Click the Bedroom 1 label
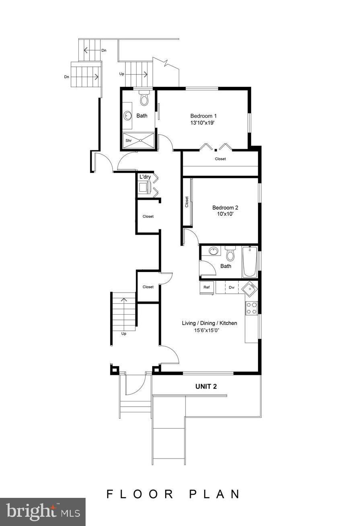[x=203, y=116]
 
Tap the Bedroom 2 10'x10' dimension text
[x=225, y=215]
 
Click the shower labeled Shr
[x=139, y=140]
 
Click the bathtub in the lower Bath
[x=250, y=262]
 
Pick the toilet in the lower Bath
[x=230, y=254]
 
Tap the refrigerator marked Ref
[x=207, y=287]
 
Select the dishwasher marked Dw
[x=232, y=287]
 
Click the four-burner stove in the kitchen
[x=252, y=308]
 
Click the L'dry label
[x=145, y=177]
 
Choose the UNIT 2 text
[x=206, y=387]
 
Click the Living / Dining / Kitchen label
[x=209, y=323]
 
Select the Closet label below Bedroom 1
[x=220, y=159]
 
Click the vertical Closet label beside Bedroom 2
[x=187, y=202]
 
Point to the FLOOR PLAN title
[x=173, y=494]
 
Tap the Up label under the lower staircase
[x=124, y=334]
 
